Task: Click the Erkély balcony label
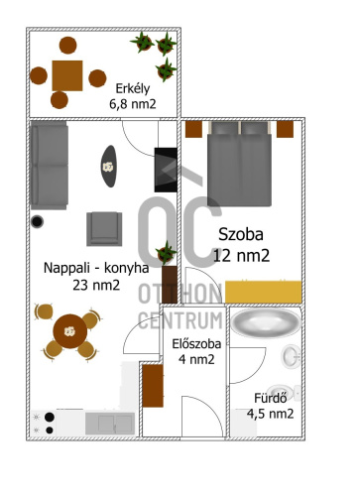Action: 133,88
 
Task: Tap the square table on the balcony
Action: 67,75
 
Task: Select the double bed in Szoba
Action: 239,164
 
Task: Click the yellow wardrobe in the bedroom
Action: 264,292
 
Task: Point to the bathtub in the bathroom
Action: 266,323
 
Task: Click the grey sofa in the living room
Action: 50,166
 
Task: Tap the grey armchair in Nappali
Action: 104,229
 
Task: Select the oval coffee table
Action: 109,167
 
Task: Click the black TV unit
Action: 166,170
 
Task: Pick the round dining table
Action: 70,331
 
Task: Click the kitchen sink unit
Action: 110,424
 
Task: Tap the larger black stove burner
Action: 50,418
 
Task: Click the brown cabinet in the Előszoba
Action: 153,386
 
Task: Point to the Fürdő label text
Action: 271,398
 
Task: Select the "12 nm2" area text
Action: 241,256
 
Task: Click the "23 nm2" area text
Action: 96,285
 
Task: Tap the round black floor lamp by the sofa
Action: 37,221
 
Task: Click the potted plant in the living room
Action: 166,253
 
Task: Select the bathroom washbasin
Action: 291,356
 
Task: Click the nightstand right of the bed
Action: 285,129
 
